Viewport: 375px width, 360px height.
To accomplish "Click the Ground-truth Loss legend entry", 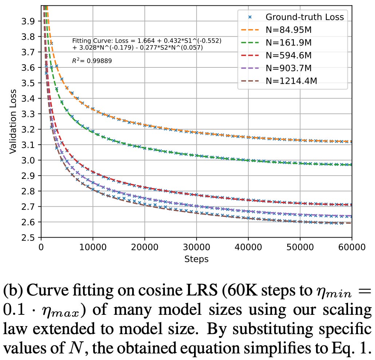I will [304, 17].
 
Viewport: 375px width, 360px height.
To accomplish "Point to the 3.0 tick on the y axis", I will [29, 160].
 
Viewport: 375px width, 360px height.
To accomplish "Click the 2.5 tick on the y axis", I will [29, 238].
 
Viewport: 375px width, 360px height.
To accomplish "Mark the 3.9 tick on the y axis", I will [29, 21].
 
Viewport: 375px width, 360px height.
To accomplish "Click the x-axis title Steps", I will [196, 259].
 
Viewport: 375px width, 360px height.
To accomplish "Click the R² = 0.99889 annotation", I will [92, 61].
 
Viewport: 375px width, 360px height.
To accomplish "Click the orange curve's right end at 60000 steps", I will [351, 142].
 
